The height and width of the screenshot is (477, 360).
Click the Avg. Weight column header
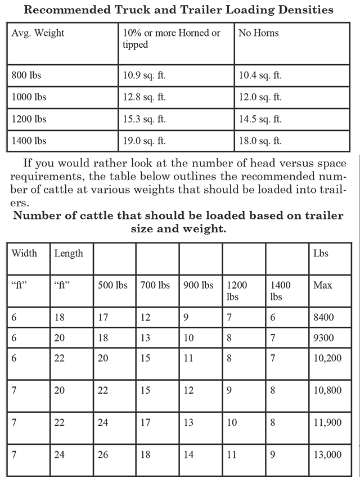(38, 33)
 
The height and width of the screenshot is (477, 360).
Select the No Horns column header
(259, 33)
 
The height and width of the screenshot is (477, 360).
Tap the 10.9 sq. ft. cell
(145, 75)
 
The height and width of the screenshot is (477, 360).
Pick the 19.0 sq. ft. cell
(145, 141)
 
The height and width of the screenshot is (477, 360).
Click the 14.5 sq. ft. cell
(260, 119)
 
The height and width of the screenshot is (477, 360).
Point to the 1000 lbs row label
(29, 97)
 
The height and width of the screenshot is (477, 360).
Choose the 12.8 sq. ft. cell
(145, 97)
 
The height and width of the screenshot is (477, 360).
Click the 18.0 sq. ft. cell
(260, 141)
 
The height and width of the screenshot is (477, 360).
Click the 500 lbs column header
(112, 285)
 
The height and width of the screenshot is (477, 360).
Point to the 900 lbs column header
(199, 285)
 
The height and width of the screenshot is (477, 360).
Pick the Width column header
(24, 253)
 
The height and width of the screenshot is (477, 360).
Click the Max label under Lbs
(322, 285)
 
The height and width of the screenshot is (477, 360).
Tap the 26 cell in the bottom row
(103, 455)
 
